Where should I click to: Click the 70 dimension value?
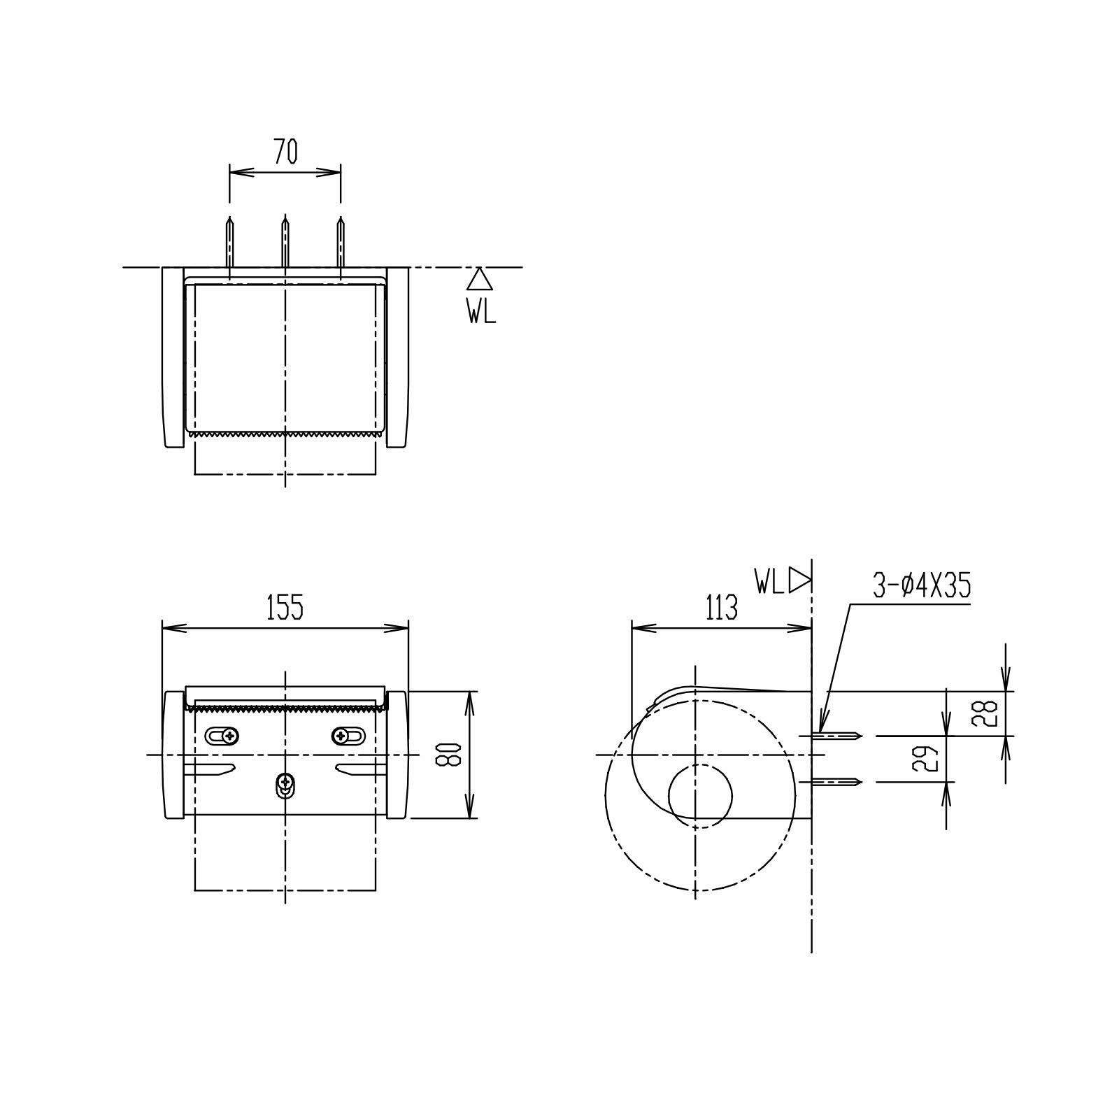(285, 152)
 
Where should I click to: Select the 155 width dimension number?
(285, 607)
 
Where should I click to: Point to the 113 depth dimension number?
(721, 607)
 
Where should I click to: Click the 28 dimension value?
(988, 714)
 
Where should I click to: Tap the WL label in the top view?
(481, 311)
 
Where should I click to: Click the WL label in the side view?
(769, 581)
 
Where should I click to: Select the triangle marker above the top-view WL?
(480, 279)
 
